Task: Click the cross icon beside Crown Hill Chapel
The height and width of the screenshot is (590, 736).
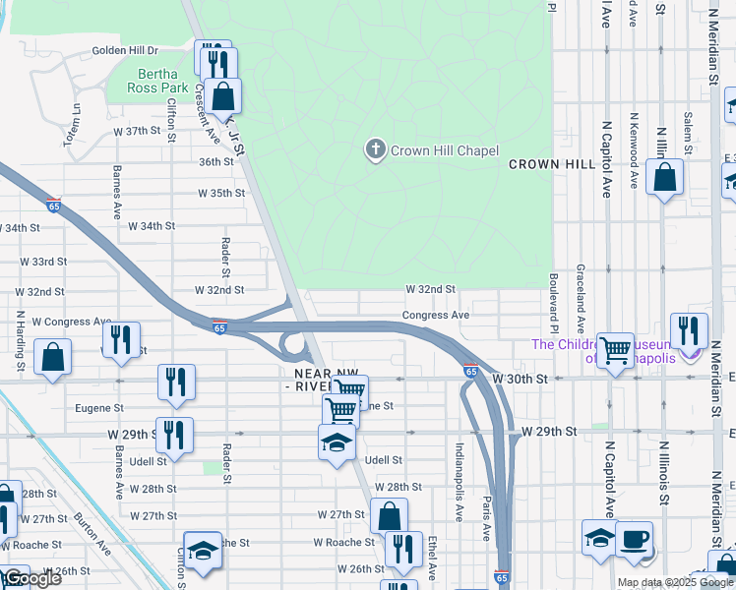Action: [374, 150]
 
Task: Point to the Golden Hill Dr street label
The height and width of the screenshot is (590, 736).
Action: [125, 50]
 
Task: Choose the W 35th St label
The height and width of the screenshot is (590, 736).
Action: [220, 194]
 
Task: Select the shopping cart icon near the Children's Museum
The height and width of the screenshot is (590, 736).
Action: [616, 348]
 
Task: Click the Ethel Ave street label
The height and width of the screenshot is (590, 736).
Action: [432, 558]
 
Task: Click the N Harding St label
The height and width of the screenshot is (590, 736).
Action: [19, 335]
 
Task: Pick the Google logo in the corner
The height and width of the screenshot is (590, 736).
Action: [31, 578]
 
